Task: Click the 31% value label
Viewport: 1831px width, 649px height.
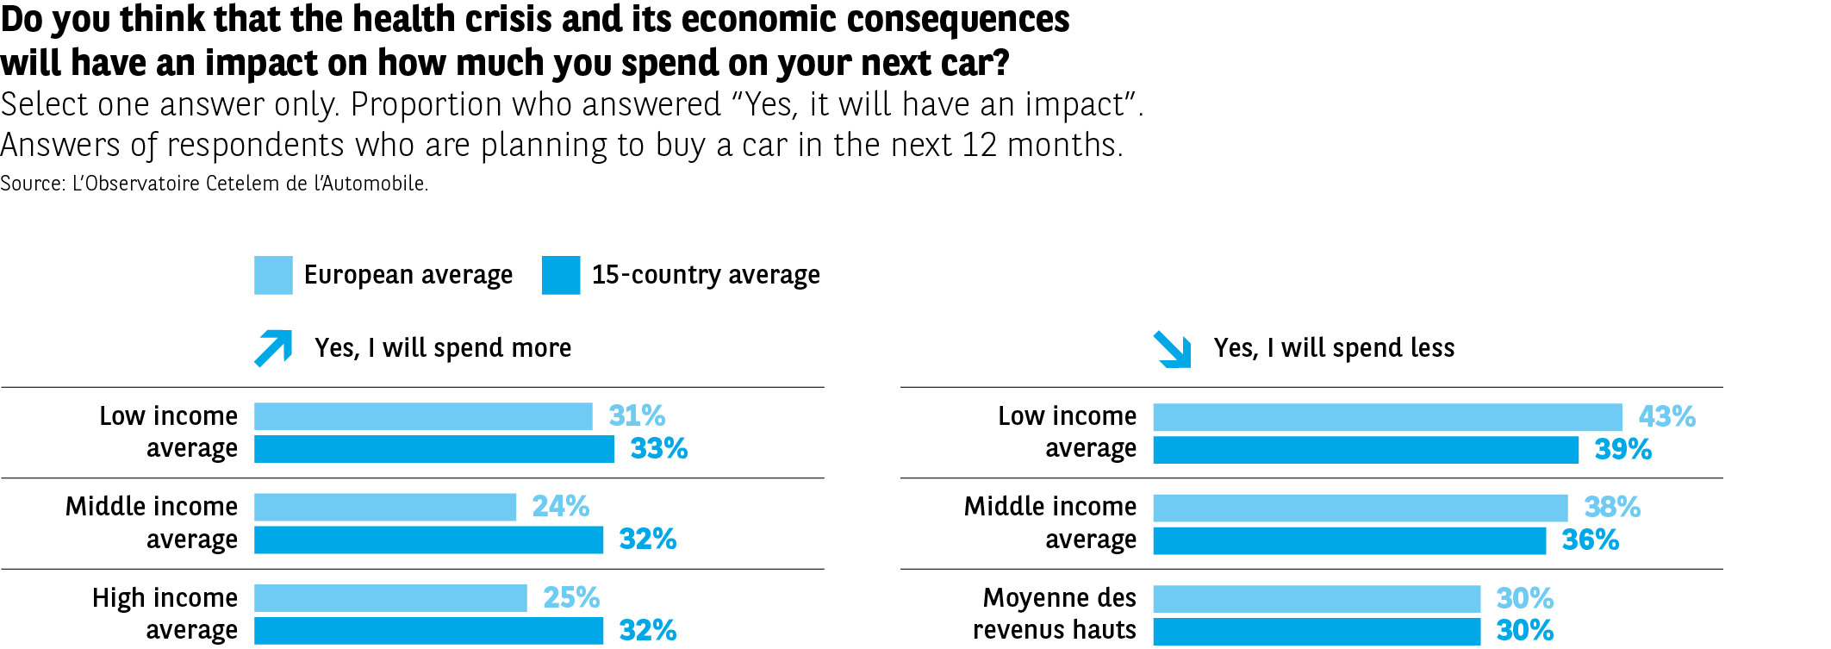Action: point(637,416)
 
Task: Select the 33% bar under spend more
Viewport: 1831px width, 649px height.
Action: point(433,449)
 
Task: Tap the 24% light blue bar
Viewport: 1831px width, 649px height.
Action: point(384,507)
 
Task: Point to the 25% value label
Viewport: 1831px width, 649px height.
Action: point(571,597)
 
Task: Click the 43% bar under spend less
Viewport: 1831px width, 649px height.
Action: point(1387,417)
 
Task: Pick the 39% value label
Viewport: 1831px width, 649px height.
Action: point(1622,450)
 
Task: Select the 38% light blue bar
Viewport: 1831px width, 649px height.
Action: point(1360,508)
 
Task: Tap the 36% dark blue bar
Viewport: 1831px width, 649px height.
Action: point(1349,540)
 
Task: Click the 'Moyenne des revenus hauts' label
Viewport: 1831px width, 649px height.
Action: point(1056,614)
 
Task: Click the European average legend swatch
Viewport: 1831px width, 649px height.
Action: point(273,275)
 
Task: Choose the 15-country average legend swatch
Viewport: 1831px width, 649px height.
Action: point(561,275)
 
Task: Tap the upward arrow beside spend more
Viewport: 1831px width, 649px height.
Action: point(274,348)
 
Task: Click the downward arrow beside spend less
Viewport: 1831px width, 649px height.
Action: point(1173,349)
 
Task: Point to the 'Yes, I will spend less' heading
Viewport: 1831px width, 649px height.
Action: point(1334,348)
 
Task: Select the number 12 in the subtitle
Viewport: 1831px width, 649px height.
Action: point(979,145)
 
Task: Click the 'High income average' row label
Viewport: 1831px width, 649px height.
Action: point(165,614)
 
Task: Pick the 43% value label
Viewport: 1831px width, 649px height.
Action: point(1666,417)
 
